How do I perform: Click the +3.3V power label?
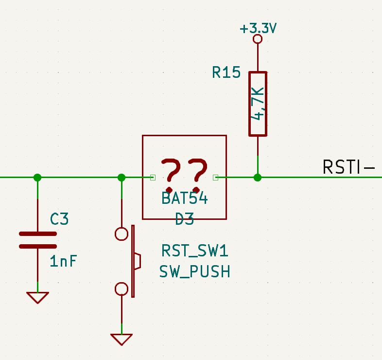[x=258, y=29]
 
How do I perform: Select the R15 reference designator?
[x=226, y=73]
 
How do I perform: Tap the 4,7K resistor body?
[x=258, y=104]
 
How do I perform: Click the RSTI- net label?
[x=348, y=167]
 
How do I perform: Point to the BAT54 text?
[x=184, y=198]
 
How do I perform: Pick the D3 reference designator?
[x=185, y=219]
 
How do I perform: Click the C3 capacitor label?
[x=59, y=219]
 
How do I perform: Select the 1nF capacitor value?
[x=63, y=262]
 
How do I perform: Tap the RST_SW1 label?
[x=194, y=252]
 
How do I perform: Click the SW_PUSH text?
[x=194, y=272]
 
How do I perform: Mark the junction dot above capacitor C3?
[x=37, y=178]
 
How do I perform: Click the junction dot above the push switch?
[x=122, y=178]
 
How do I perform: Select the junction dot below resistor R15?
[x=258, y=178]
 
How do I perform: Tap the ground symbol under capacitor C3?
[x=37, y=297]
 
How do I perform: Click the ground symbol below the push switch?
[x=122, y=339]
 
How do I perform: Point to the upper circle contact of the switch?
[x=122, y=234]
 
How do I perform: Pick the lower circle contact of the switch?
[x=122, y=289]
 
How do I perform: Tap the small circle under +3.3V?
[x=258, y=39]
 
